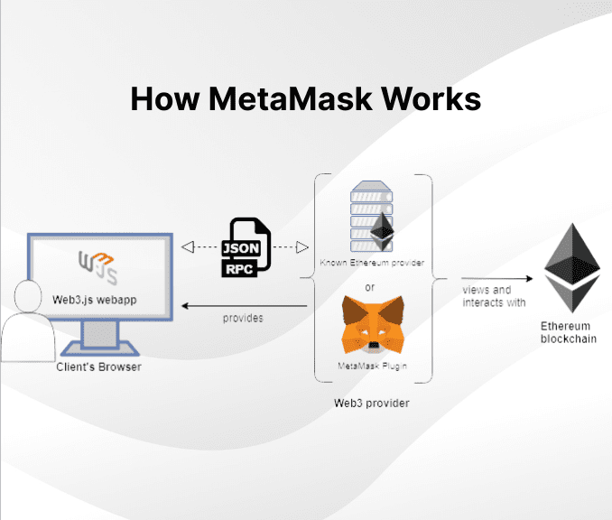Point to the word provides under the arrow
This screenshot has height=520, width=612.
[243, 319]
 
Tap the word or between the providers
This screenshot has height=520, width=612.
[369, 288]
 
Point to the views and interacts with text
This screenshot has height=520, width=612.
[493, 296]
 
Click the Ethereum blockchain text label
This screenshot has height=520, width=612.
[566, 332]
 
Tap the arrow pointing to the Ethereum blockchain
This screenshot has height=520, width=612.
[495, 278]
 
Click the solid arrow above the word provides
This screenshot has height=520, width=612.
[244, 306]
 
